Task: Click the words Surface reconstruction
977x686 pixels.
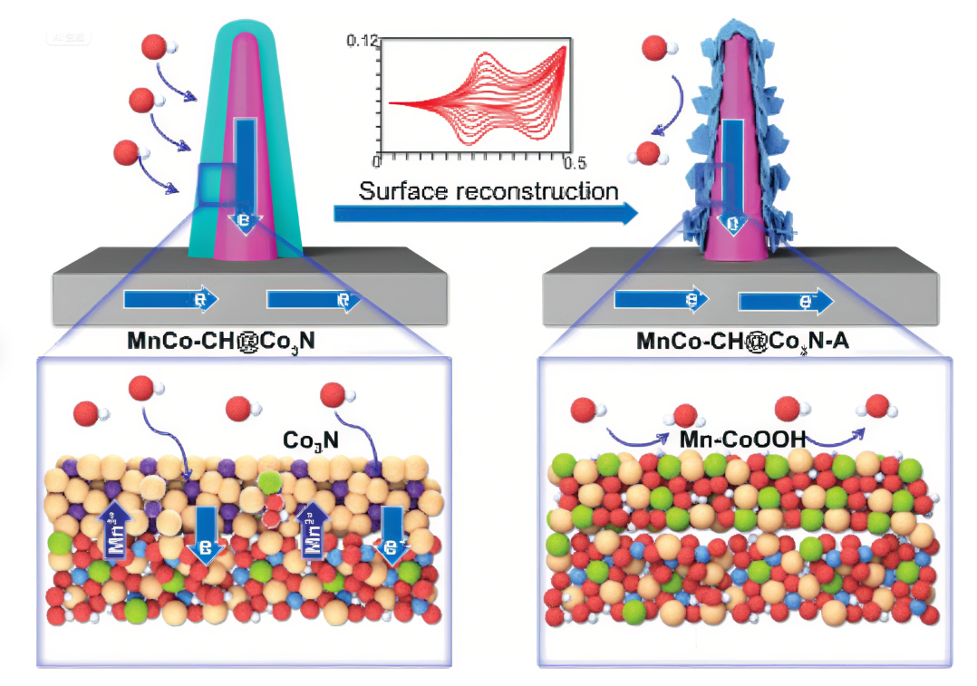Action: (488, 191)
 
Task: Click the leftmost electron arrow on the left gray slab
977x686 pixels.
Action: (169, 299)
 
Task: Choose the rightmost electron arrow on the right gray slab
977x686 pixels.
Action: (785, 302)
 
